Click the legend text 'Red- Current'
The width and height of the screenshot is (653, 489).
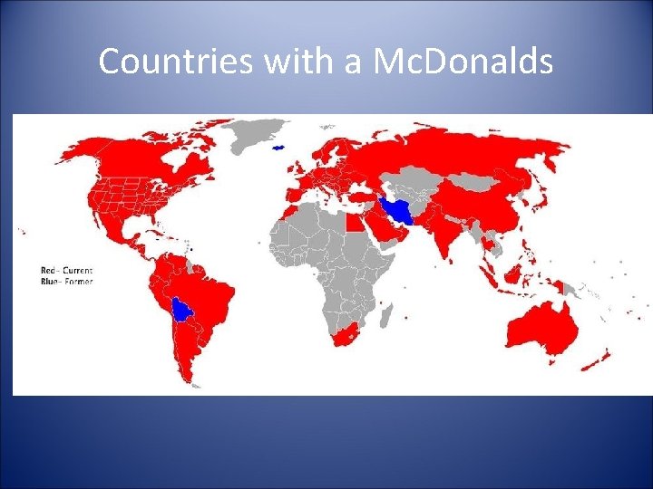coord(66,270)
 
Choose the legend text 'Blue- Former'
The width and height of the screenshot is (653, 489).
coord(66,281)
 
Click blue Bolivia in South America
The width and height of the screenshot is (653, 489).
coord(183,311)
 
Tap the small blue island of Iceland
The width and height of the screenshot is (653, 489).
coord(279,148)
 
